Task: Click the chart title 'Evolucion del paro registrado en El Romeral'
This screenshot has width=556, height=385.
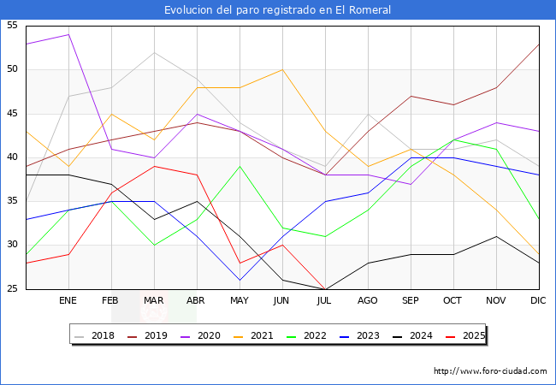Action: (x=278, y=10)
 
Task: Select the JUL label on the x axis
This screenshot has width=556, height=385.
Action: (x=325, y=301)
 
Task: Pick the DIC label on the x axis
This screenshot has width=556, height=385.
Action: (x=538, y=301)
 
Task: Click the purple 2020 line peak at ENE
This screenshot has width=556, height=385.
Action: (x=68, y=34)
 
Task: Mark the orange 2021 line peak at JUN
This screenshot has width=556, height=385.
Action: (x=282, y=69)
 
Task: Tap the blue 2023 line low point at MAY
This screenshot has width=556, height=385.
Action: (x=240, y=280)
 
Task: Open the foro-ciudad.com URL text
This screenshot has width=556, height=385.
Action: (x=490, y=371)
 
